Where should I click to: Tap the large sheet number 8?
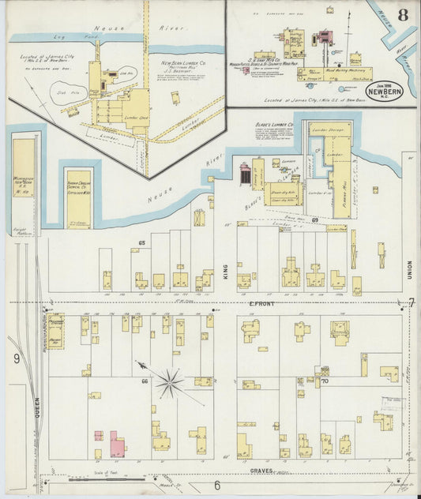[403, 14]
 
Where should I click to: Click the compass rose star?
[167, 383]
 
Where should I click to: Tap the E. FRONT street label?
[261, 304]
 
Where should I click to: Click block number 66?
[145, 381]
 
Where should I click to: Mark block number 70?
[324, 381]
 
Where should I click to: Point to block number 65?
[142, 242]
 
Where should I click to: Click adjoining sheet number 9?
[16, 358]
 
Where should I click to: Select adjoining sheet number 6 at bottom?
[216, 485]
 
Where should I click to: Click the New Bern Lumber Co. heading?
[183, 62]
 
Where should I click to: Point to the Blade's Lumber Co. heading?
[273, 125]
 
